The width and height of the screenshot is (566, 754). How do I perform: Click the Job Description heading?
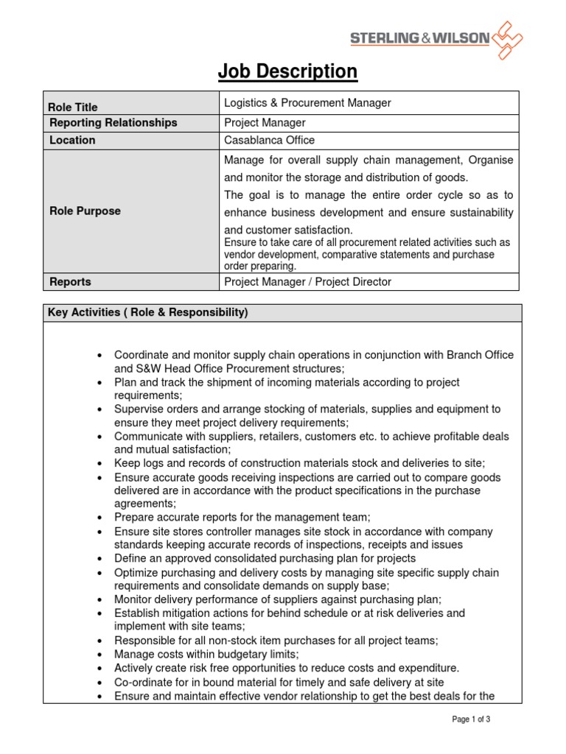[287, 71]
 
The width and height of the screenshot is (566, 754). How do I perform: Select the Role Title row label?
[73, 107]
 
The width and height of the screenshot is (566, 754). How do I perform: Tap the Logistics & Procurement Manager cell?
[307, 103]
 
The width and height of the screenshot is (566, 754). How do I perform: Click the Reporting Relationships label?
[113, 122]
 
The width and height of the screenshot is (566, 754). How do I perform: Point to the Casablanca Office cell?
[269, 140]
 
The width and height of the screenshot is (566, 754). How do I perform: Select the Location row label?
[72, 140]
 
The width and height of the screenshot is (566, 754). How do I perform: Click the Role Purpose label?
[85, 211]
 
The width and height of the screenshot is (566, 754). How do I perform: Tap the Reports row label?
[70, 282]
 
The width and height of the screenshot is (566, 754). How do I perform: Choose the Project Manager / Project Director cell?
[307, 282]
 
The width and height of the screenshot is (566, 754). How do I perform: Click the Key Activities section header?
[147, 312]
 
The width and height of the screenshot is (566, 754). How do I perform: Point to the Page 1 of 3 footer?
[471, 719]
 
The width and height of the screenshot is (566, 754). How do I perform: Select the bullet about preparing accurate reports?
[242, 518]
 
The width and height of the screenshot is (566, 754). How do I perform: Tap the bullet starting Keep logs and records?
[299, 463]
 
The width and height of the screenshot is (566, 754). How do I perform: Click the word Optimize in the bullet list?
[136, 572]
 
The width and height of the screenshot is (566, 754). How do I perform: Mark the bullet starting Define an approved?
[266, 558]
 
